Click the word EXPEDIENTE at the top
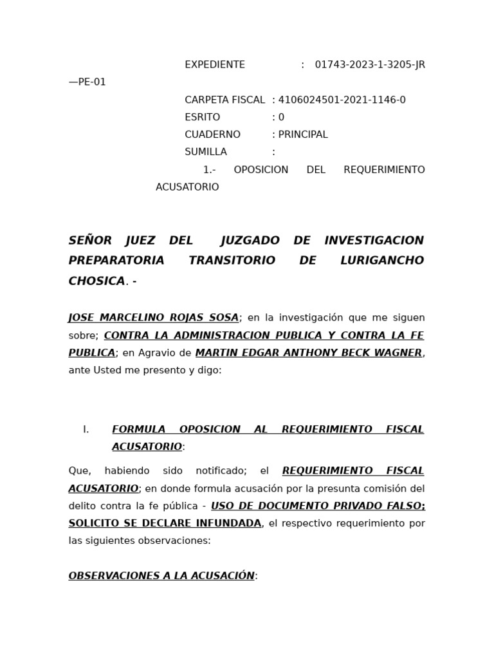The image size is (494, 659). pos(215,65)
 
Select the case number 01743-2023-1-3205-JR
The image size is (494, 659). pos(370,65)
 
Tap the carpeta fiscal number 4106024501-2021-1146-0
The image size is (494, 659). pos(342,100)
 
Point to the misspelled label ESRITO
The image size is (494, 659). pos(202,118)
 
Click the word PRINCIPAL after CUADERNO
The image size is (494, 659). pos(303,135)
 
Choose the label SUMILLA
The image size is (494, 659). pos(206,153)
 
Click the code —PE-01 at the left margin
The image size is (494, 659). pos(87,82)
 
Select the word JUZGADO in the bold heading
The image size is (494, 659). pos(250,241)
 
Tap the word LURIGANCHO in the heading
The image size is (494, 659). pos(382,261)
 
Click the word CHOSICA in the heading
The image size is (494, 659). pos(96,281)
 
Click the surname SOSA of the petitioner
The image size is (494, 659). pos(222,318)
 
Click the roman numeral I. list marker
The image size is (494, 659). pos(86,430)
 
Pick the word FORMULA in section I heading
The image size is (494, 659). pos(138,430)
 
